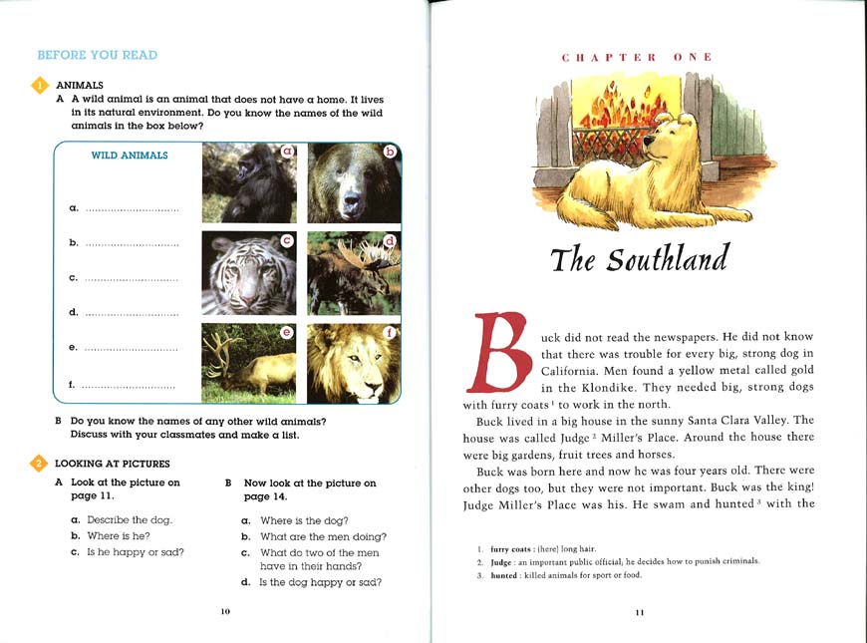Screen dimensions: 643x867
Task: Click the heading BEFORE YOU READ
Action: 97,56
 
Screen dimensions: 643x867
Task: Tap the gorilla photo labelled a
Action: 248,182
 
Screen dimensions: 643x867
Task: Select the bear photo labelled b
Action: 353,182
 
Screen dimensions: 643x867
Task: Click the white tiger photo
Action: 248,273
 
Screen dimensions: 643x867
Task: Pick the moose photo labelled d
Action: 353,273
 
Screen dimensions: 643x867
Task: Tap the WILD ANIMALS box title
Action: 129,156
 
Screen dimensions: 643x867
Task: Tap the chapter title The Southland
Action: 639,259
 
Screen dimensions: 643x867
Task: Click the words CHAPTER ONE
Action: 637,58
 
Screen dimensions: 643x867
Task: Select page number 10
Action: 225,611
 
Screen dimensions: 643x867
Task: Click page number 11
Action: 639,612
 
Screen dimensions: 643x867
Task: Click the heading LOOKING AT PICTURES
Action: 112,464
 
